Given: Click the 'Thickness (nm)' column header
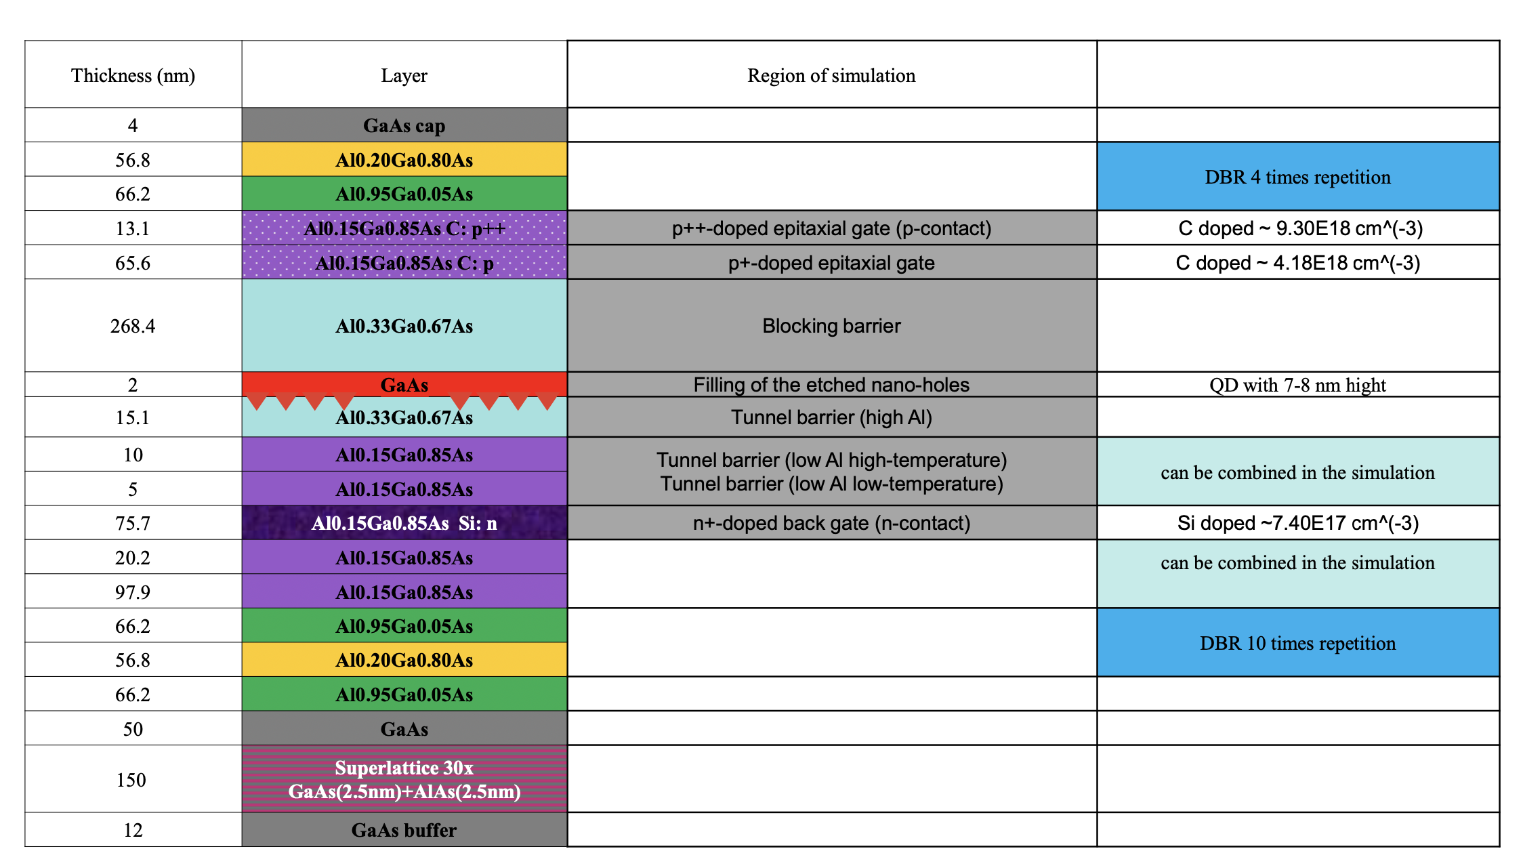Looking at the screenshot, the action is point(133,75).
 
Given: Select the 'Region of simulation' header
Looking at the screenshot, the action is point(831,75).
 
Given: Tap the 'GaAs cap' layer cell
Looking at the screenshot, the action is point(404,125).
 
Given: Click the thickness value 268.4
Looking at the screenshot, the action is point(133,326).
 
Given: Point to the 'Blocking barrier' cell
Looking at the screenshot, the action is point(832,326).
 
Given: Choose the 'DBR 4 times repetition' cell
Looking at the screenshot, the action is point(1298,177).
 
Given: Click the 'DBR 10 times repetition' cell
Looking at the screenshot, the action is point(1298,643).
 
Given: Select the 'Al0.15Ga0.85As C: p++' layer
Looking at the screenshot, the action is point(404,228).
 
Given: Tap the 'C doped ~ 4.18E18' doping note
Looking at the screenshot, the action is point(1298,263).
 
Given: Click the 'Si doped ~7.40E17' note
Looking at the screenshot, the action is point(1298,523).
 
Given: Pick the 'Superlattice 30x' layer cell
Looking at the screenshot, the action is point(404,779).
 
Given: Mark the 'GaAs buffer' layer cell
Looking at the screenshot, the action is point(404,830).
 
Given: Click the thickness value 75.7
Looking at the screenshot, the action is point(133,523).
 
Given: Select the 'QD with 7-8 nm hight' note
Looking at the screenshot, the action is point(1298,385).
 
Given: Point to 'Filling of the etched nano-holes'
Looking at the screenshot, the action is point(832,385).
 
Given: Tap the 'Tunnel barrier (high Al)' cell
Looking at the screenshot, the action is point(832,417).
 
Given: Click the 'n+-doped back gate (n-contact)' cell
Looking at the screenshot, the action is point(832,523).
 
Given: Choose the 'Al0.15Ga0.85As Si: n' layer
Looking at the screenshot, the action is point(404,523).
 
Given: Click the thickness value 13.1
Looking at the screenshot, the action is point(133,228).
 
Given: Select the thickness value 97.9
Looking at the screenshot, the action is point(133,592).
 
